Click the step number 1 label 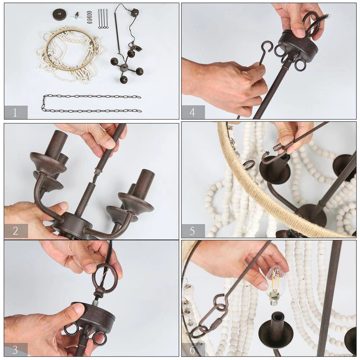click(15, 112)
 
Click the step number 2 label click(15, 231)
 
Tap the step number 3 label click(15, 350)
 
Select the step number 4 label click(192, 112)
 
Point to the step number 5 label click(192, 231)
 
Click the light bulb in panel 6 click(275, 285)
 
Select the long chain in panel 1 click(91, 104)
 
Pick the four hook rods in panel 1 click(103, 19)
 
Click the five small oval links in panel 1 click(89, 17)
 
